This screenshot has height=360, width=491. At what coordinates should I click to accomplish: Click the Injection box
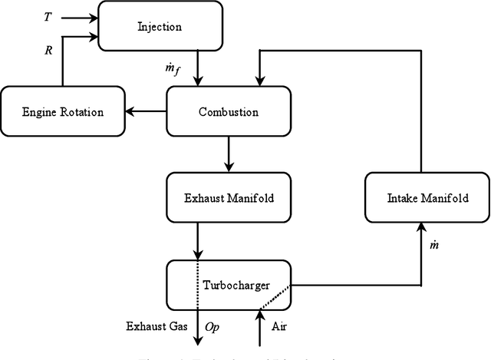click(x=160, y=27)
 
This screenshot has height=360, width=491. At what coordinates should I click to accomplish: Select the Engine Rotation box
click(x=63, y=112)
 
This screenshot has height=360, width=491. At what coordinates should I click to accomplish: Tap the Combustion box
click(x=229, y=112)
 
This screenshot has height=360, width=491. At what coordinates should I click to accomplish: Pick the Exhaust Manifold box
click(x=229, y=198)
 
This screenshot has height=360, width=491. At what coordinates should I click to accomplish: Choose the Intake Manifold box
click(x=426, y=198)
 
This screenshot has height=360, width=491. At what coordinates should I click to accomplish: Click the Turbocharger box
click(x=229, y=285)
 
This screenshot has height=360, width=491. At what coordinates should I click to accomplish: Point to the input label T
click(x=48, y=16)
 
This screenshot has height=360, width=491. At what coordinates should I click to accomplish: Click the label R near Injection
click(x=48, y=48)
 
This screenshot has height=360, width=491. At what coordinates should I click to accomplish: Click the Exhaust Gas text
click(x=152, y=327)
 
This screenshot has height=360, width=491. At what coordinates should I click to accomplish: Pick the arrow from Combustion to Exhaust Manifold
click(x=228, y=155)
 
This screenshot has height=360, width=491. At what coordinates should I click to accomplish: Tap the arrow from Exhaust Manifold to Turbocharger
click(x=198, y=241)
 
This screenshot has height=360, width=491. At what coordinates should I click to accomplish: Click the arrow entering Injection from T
click(x=81, y=15)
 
